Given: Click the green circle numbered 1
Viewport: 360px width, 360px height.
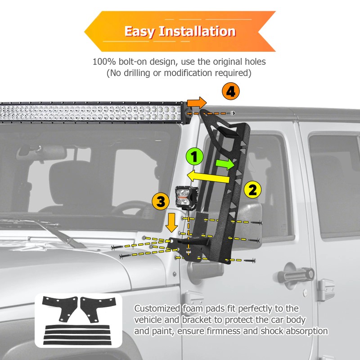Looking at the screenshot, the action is pyautogui.click(x=194, y=157).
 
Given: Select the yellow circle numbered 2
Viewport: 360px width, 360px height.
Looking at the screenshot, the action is pyautogui.click(x=252, y=189).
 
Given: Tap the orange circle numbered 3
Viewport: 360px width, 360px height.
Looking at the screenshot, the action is pyautogui.click(x=161, y=201).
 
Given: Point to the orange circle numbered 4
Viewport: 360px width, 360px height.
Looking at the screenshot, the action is pyautogui.click(x=231, y=91).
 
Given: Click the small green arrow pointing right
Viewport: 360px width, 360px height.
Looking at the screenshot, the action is pyautogui.click(x=225, y=164).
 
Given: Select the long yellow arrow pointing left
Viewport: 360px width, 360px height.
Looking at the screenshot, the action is pyautogui.click(x=208, y=176).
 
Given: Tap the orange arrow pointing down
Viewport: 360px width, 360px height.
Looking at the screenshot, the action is pyautogui.click(x=171, y=222).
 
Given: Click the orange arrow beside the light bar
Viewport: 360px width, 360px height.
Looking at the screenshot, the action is pyautogui.click(x=197, y=103).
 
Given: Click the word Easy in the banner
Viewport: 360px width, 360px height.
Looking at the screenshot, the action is pyautogui.click(x=139, y=31).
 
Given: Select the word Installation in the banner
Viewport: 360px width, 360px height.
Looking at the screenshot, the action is pyautogui.click(x=197, y=31).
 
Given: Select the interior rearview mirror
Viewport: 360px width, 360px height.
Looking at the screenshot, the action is pyautogui.click(x=41, y=150).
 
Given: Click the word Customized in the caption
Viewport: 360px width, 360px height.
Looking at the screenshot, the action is pyautogui.click(x=157, y=309).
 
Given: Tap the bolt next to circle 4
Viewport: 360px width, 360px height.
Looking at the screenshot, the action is pyautogui.click(x=232, y=113).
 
